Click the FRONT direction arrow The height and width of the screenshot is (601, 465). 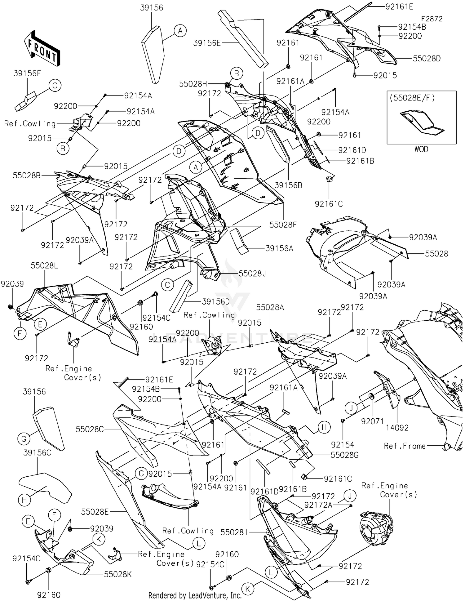point(42,48)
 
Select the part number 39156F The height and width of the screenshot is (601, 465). point(27,73)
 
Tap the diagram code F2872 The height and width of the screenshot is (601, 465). point(432,19)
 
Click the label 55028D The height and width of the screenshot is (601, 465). point(427,59)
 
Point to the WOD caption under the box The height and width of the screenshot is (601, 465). point(421,149)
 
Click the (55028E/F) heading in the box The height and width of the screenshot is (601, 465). point(412,98)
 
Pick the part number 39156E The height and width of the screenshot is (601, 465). point(207,43)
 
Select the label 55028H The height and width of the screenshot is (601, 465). point(193,84)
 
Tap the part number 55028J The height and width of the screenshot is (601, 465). point(252,274)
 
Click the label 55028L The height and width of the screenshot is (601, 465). point(44,266)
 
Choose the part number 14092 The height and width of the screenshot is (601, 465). point(397,428)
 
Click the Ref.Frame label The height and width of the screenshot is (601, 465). point(405,446)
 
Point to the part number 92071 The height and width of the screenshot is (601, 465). point(372,421)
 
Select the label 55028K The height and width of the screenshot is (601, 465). point(117,574)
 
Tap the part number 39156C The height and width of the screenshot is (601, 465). point(37,453)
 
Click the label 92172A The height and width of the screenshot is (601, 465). point(318,505)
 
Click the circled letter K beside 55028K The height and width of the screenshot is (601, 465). point(99,539)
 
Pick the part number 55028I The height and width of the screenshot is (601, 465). point(234,532)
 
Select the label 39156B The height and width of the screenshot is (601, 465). point(288,185)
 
